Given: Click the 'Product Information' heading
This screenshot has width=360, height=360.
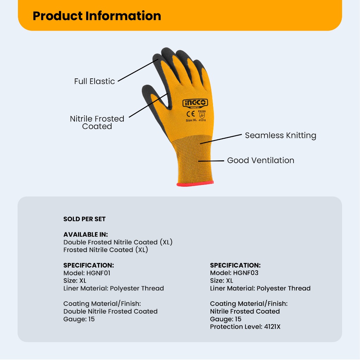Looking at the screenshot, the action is pyautogui.click(x=97, y=16).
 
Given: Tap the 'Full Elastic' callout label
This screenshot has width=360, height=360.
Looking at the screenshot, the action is pyautogui.click(x=94, y=81).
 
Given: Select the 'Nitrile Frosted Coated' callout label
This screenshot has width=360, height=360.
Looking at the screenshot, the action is pyautogui.click(x=97, y=122).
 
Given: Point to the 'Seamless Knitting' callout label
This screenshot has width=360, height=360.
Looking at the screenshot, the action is pyautogui.click(x=281, y=135).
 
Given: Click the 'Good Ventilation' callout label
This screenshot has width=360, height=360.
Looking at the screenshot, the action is pyautogui.click(x=261, y=160).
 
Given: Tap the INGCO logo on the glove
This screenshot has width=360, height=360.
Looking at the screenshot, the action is pyautogui.click(x=195, y=103).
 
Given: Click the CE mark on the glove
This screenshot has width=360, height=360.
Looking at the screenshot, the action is pyautogui.click(x=191, y=114).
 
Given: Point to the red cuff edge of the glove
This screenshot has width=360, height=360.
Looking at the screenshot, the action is pyautogui.click(x=195, y=184).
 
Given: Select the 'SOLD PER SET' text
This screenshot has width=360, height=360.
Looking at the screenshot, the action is pyautogui.click(x=84, y=219).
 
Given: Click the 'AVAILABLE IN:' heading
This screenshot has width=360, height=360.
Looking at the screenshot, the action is pyautogui.click(x=86, y=234).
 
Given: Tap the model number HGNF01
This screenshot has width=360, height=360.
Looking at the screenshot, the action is pyautogui.click(x=98, y=273).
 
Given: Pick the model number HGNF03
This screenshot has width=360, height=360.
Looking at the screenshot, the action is pyautogui.click(x=246, y=273).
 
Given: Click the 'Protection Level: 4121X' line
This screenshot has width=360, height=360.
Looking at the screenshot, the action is pyautogui.click(x=245, y=327).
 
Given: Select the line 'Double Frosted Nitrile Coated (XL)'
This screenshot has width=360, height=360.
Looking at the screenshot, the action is pyautogui.click(x=118, y=242).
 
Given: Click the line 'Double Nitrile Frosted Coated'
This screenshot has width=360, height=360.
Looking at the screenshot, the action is pyautogui.click(x=110, y=311).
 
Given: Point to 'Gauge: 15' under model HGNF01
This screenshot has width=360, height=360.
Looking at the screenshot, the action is pyautogui.click(x=79, y=319).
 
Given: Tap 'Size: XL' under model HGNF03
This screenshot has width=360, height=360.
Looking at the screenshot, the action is pyautogui.click(x=221, y=281).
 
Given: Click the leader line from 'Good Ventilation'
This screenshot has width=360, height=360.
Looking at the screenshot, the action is pyautogui.click(x=211, y=161).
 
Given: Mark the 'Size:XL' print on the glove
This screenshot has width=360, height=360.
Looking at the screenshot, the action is pyautogui.click(x=191, y=120).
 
